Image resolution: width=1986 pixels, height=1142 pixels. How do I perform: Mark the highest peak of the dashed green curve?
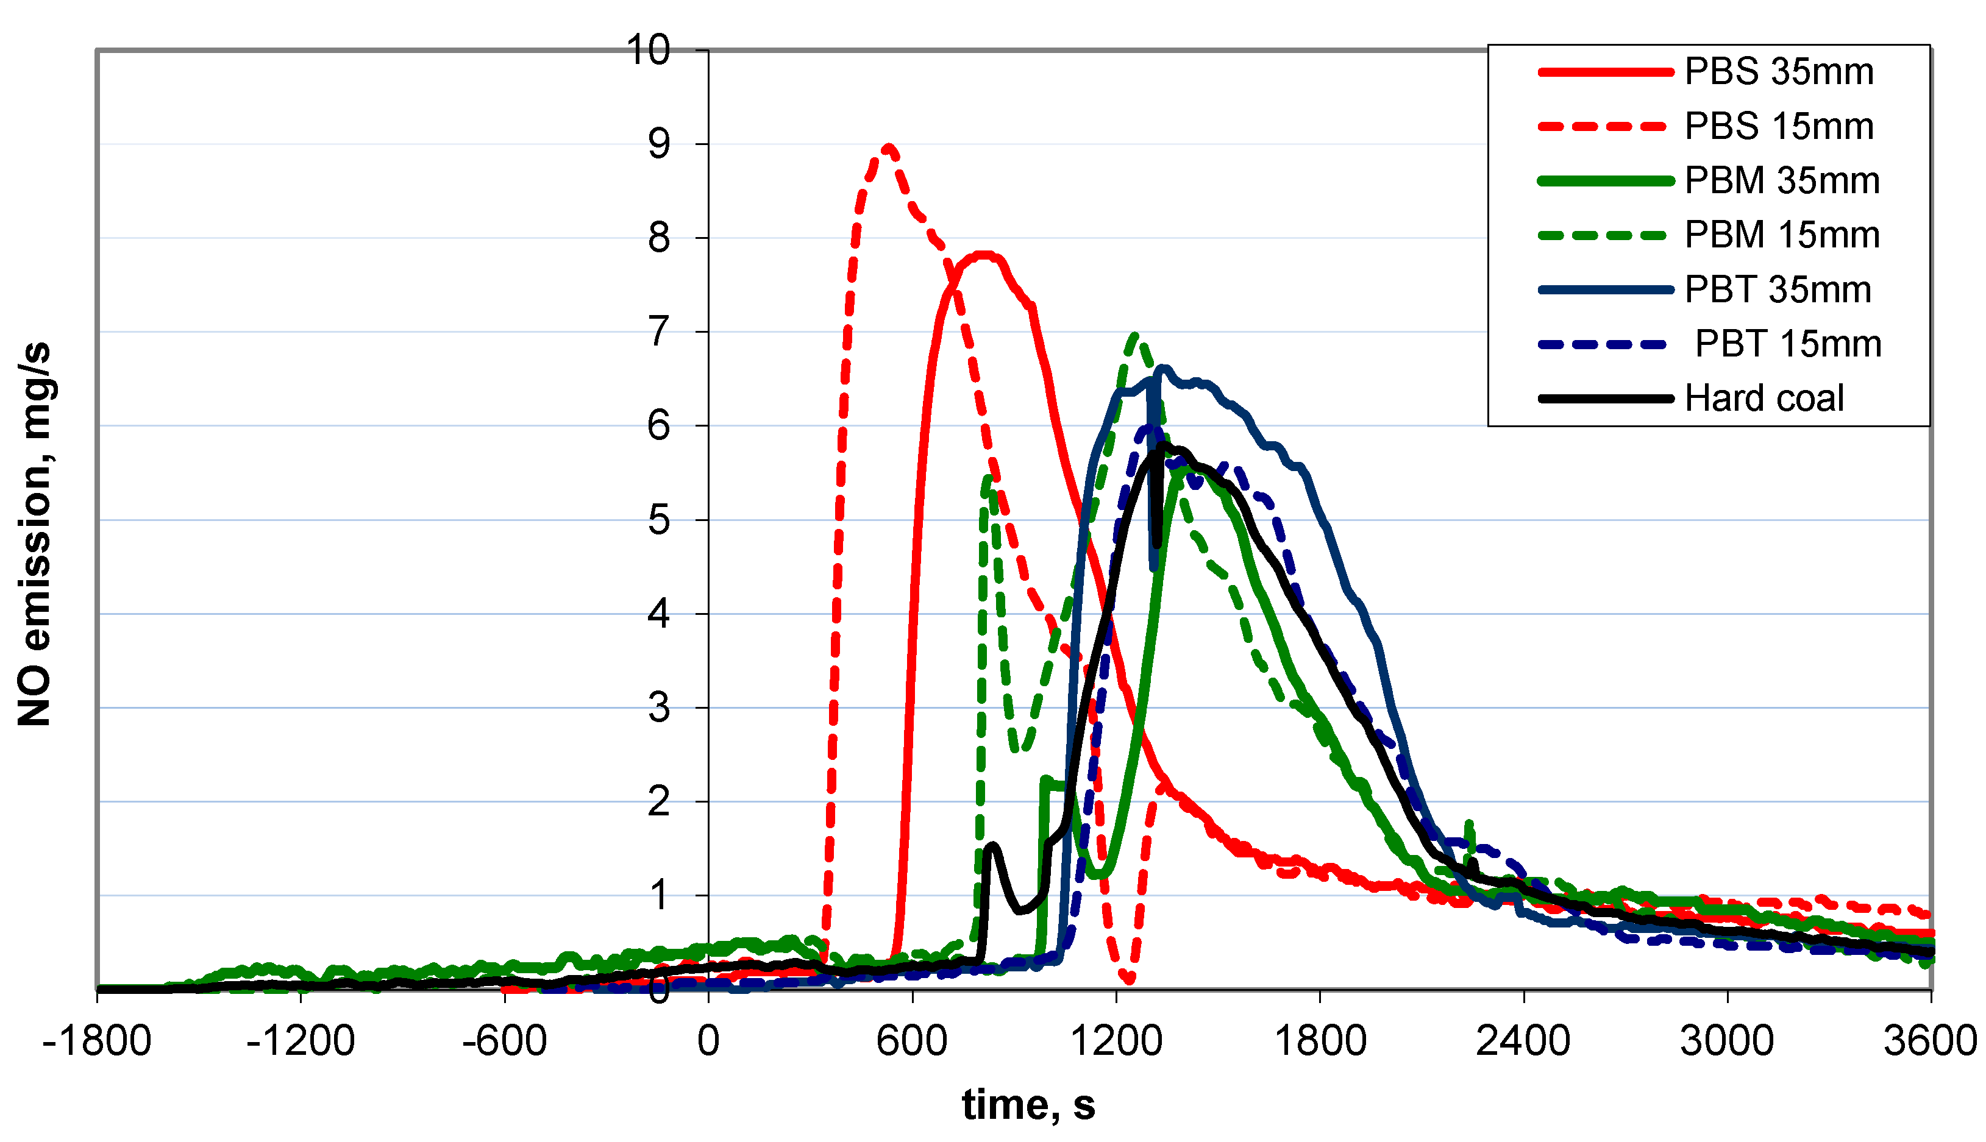click(1135, 336)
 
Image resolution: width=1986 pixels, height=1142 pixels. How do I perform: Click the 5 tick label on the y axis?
click(659, 520)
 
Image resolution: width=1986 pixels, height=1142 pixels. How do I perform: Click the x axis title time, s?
click(1028, 1105)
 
